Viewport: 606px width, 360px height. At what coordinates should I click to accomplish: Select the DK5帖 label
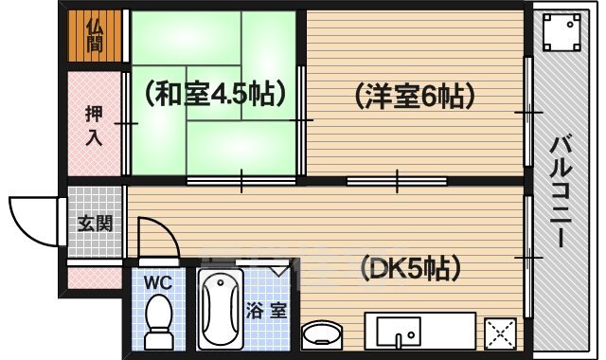tap(411, 268)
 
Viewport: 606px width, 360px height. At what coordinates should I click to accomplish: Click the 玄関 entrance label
tap(95, 225)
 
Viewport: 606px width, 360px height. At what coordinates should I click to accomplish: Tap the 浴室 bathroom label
tap(266, 311)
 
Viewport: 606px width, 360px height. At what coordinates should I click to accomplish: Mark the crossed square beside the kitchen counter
tap(499, 334)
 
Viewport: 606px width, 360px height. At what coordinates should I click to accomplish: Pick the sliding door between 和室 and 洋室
tap(302, 121)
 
